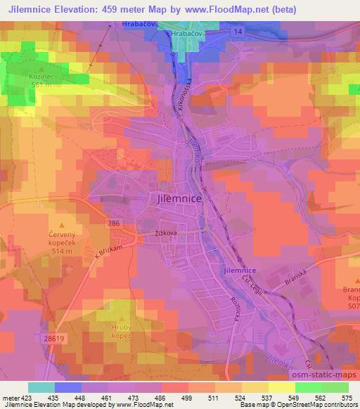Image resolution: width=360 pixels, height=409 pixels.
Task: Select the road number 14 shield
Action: pos(239,33)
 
